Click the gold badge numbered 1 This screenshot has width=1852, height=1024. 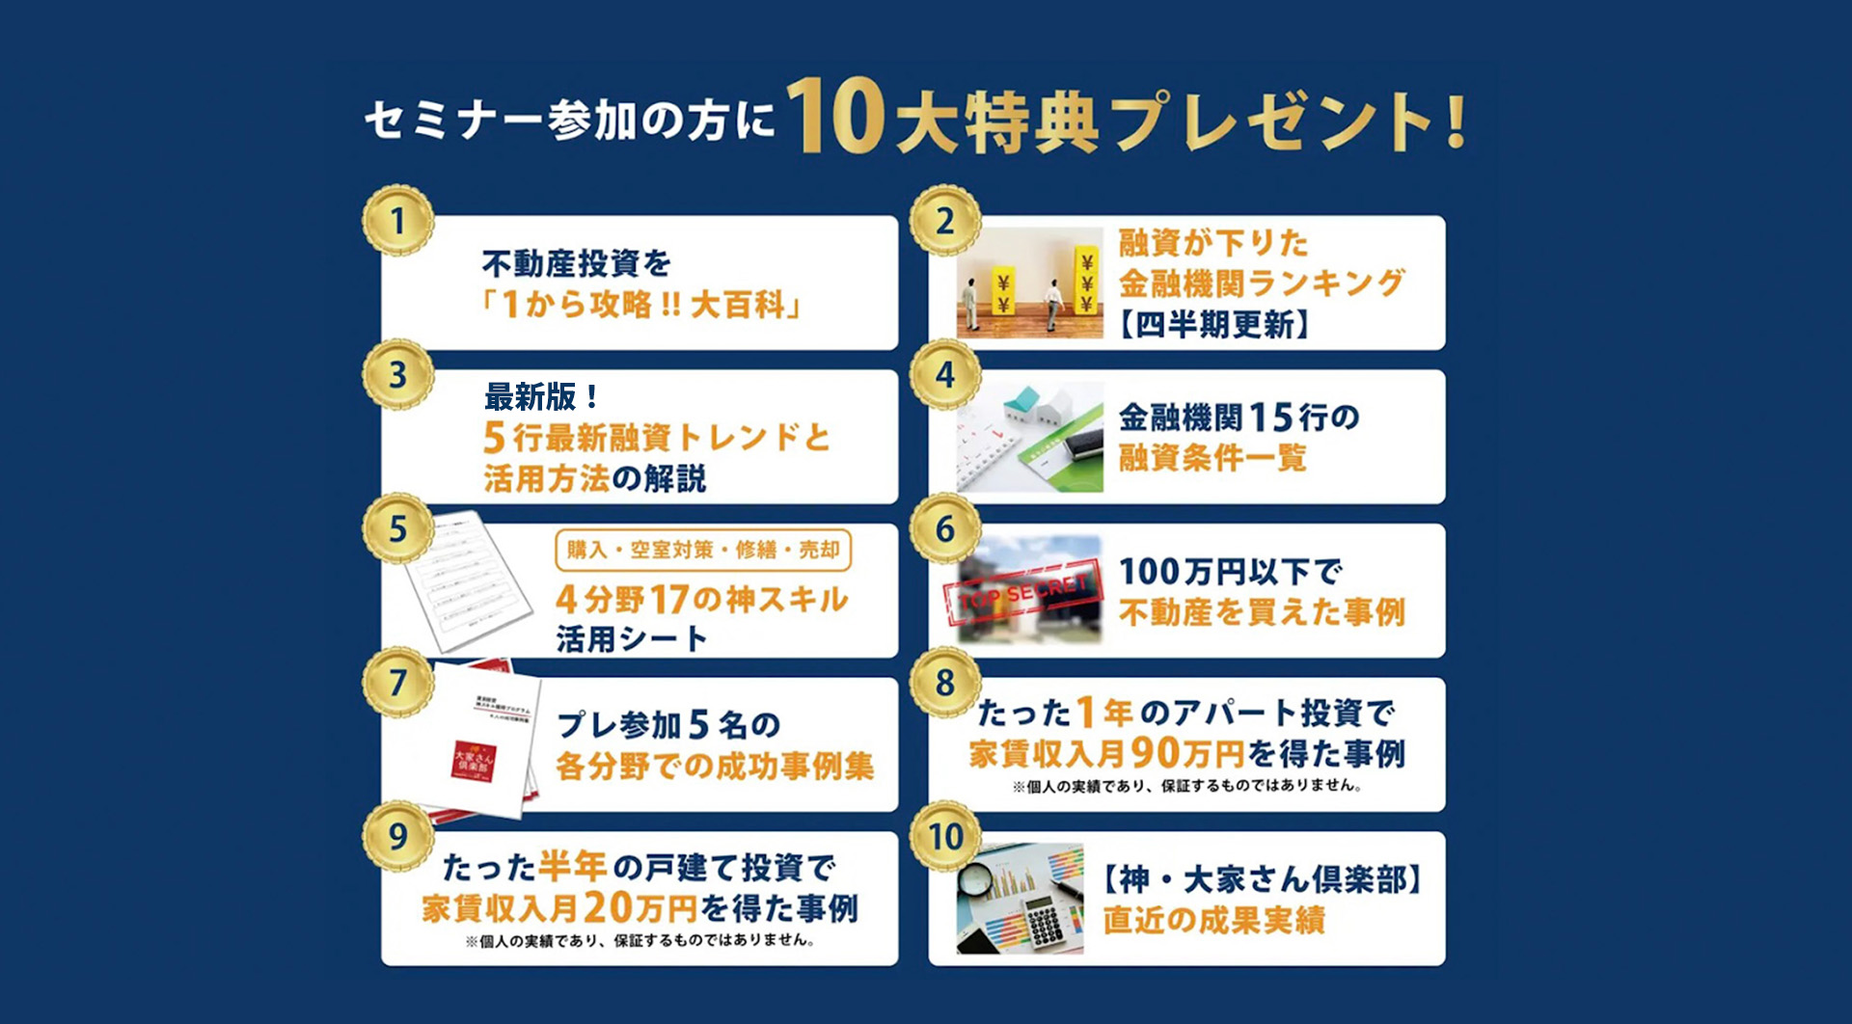click(x=397, y=222)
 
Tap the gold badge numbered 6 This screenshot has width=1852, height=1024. click(x=945, y=529)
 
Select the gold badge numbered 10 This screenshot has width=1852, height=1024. click(x=945, y=837)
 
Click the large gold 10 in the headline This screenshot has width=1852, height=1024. click(x=836, y=118)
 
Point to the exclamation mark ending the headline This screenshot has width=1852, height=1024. click(x=1456, y=121)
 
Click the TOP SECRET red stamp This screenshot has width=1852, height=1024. click(x=1024, y=593)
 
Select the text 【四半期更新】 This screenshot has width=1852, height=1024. click(x=1213, y=325)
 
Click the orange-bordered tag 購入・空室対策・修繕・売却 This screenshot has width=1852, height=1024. click(x=703, y=551)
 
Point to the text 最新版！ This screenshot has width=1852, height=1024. click(x=542, y=396)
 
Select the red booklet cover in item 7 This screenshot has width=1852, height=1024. click(x=475, y=762)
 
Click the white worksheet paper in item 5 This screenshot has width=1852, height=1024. click(x=466, y=582)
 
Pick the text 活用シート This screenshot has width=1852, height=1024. click(x=632, y=639)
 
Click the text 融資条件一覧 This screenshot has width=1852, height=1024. click(x=1212, y=458)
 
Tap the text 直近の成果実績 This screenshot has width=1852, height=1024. click(x=1214, y=921)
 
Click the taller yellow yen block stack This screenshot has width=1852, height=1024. click(x=1087, y=282)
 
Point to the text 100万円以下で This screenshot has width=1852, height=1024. click(x=1230, y=572)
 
